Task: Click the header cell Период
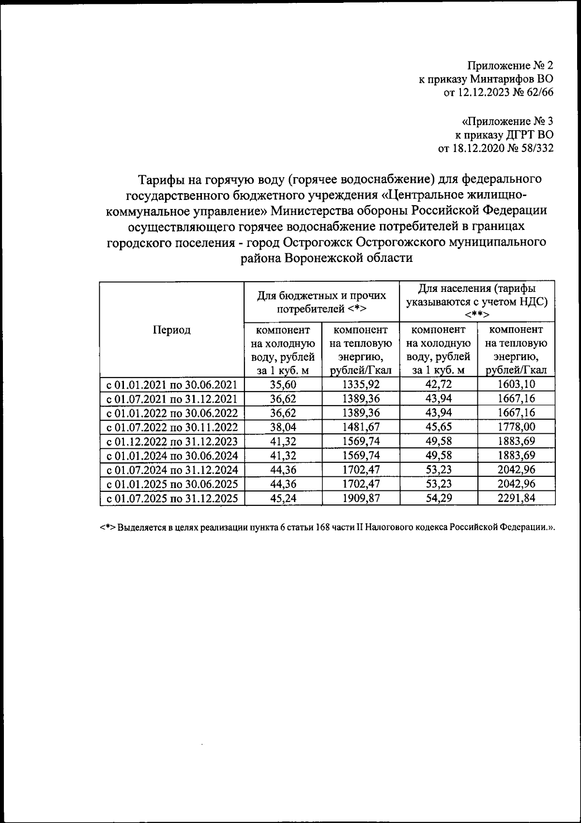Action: coord(172,330)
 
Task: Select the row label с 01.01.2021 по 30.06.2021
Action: coord(172,385)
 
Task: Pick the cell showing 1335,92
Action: coord(360,385)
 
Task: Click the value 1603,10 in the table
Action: coord(516,385)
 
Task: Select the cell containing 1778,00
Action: coord(516,427)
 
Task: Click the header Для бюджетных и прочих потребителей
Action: coord(321,302)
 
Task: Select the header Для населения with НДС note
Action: coord(477,302)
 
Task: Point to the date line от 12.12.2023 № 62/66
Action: coord(498,92)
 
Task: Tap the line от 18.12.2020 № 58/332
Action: coord(495,148)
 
